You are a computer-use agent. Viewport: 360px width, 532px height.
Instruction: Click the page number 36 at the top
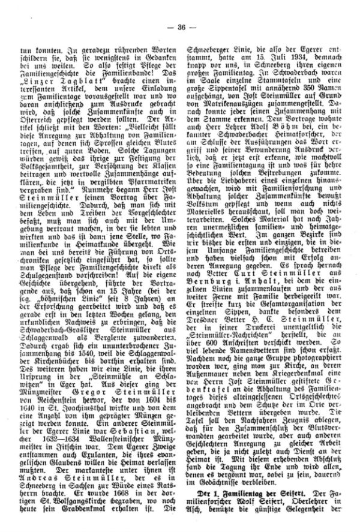[x=181, y=10]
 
